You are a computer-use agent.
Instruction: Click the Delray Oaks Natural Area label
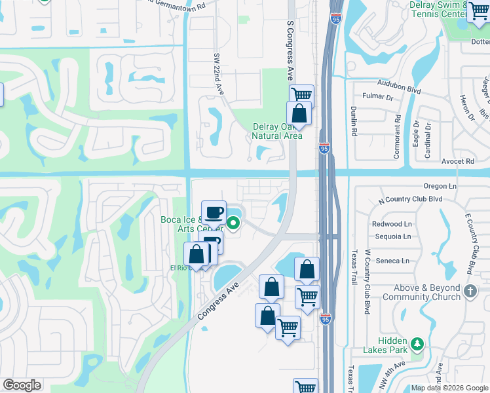277,132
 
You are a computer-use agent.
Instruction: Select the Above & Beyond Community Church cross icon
470,290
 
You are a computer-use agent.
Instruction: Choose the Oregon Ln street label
440,186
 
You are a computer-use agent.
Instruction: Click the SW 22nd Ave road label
217,75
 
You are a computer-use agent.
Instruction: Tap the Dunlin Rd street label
353,121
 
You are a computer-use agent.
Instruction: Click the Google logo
22,385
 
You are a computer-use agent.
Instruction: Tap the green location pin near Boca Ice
233,225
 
